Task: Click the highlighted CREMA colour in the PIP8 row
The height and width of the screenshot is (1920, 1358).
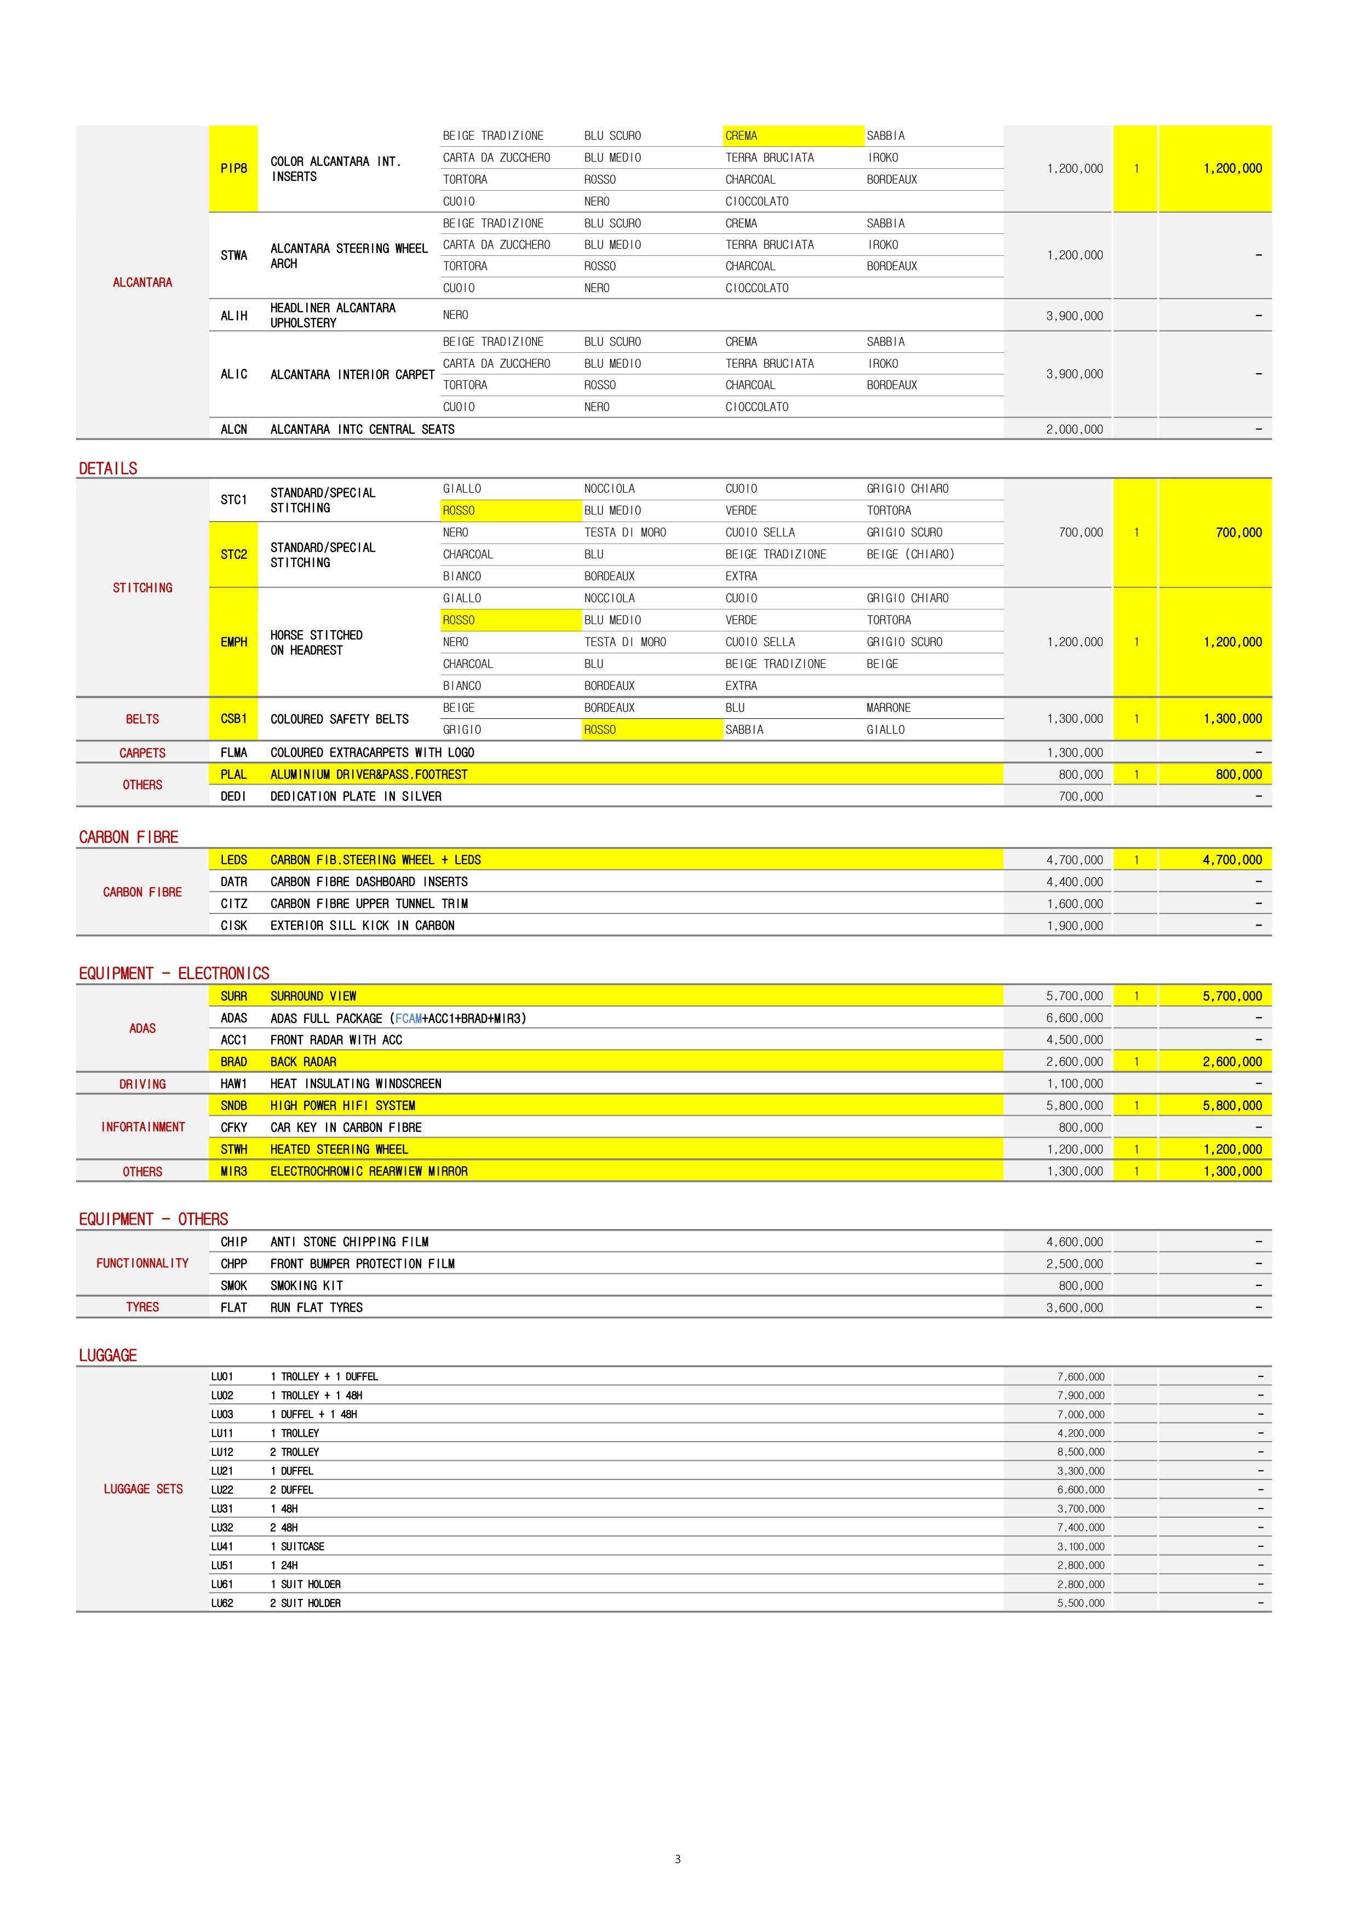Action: [x=742, y=135]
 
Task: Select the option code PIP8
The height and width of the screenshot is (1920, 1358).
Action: [x=233, y=168]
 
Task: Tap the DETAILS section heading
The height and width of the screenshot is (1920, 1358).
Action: [x=108, y=468]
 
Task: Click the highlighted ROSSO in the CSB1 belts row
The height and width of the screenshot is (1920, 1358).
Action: [x=599, y=729]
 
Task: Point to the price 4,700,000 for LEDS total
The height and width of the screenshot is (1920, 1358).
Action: [x=1232, y=860]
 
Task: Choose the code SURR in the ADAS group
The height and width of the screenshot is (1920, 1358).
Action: [x=233, y=996]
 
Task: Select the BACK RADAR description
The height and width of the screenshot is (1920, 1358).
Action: [x=303, y=1061]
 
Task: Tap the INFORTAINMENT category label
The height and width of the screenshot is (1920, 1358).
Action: [x=142, y=1127]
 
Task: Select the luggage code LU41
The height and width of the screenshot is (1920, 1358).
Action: [x=222, y=1546]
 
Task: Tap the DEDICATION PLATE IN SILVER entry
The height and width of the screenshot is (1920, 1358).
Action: [x=356, y=796]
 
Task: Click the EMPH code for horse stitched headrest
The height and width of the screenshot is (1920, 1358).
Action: [x=233, y=642]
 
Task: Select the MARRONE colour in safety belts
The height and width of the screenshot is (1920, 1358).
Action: [x=888, y=707]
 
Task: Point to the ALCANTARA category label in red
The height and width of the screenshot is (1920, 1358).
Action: [x=142, y=283]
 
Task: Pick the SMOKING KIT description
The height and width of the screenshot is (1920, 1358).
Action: [x=306, y=1285]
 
